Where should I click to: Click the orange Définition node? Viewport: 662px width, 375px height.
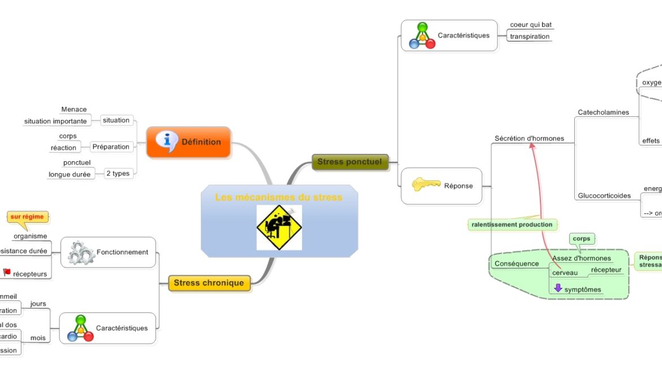tap(188, 142)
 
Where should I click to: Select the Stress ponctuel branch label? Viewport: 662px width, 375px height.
tap(350, 162)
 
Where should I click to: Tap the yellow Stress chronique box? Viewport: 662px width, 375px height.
tap(209, 283)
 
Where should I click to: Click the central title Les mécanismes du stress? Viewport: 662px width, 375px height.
tap(278, 197)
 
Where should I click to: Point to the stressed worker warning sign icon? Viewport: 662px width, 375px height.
tap(279, 227)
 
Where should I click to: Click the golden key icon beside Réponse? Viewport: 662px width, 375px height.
tap(425, 184)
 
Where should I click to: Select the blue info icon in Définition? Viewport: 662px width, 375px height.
tap(167, 140)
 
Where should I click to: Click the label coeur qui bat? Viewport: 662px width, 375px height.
tap(531, 25)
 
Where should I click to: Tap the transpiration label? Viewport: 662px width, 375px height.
tap(530, 37)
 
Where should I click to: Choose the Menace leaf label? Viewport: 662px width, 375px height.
tap(74, 110)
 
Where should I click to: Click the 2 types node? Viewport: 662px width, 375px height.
tap(118, 174)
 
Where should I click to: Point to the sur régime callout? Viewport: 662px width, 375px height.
tap(27, 217)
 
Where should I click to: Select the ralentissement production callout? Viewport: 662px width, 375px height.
tap(512, 225)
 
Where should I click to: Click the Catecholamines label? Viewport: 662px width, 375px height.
tap(603, 113)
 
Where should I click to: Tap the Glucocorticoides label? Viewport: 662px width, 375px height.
tap(604, 196)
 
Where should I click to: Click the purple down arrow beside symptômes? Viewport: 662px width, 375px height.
tap(558, 288)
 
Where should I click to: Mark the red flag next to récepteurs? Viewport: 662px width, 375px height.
tap(7, 273)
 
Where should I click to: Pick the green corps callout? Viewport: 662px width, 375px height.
tap(581, 239)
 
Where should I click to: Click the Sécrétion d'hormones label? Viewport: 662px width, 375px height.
tap(529, 139)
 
